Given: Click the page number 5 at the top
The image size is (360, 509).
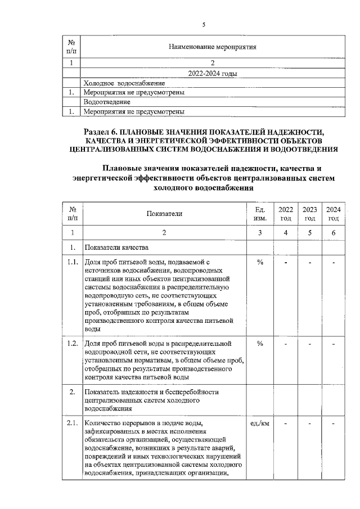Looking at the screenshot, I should (x=204, y=24).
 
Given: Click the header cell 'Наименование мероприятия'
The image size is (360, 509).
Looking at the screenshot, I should (x=213, y=47).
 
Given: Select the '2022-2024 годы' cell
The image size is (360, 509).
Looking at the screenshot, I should (x=213, y=74).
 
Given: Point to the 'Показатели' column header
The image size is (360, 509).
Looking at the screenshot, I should (x=164, y=214).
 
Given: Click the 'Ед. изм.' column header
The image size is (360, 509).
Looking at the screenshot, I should (x=260, y=214).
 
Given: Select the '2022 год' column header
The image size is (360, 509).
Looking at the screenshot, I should (x=285, y=214).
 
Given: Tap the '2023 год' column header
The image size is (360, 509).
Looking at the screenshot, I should (x=309, y=214).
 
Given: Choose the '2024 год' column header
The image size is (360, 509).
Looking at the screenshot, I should (x=334, y=214).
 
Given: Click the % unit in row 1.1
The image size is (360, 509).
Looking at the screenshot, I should (x=260, y=262).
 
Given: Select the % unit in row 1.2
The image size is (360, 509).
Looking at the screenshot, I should (x=260, y=344).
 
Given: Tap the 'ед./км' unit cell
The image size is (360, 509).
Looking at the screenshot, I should (x=260, y=423).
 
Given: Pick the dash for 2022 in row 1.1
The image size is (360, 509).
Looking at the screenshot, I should (x=285, y=262).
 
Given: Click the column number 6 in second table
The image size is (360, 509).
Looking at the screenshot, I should (x=334, y=232).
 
